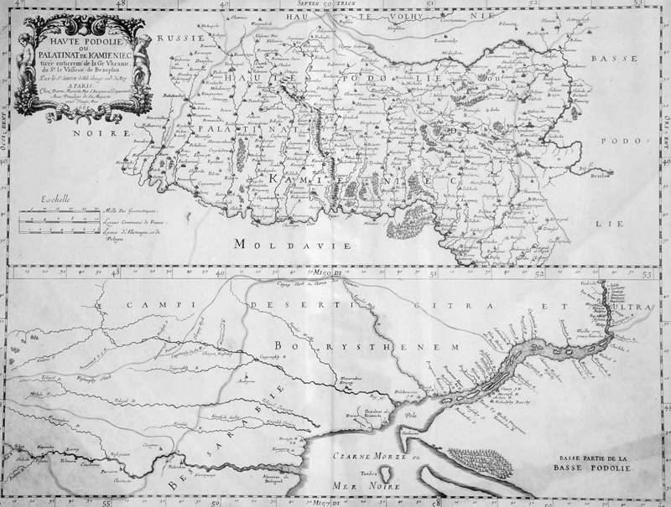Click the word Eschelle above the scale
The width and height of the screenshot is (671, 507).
(x=56, y=201)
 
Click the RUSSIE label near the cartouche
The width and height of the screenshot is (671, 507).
(x=178, y=38)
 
